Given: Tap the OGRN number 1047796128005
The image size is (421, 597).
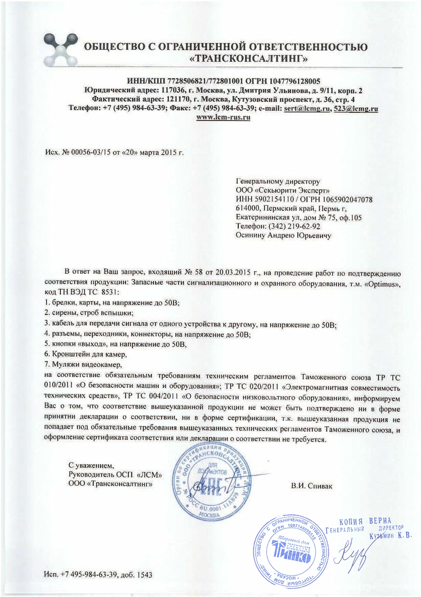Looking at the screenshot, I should click(x=295, y=81).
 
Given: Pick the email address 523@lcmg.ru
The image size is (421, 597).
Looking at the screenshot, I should click(x=355, y=108).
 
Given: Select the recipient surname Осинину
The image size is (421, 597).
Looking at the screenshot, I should click(x=251, y=235).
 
